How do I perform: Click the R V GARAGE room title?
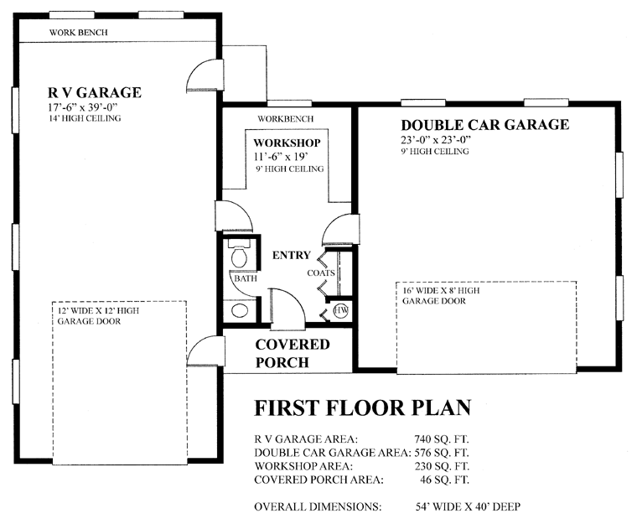coord(95,93)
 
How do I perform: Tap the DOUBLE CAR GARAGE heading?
coord(485,124)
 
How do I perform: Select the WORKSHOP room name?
coord(287,143)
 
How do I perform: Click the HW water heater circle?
coord(341,310)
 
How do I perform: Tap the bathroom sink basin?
coord(239,310)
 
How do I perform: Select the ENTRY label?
coord(292,255)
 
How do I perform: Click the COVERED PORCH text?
coord(292,353)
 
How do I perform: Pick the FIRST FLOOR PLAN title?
coord(362,407)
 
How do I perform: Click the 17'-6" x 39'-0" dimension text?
coord(82,107)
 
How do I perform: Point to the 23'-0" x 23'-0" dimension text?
coord(436,140)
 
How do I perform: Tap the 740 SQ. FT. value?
coord(442,439)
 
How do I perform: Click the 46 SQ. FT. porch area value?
coord(444,480)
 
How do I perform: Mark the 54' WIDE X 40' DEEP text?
coord(468,506)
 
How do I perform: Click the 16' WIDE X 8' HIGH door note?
coord(441,291)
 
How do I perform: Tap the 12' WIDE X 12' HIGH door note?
coord(98,311)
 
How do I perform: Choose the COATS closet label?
coord(321,273)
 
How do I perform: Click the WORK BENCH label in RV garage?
coord(79,33)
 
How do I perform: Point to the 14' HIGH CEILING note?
coord(85,119)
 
